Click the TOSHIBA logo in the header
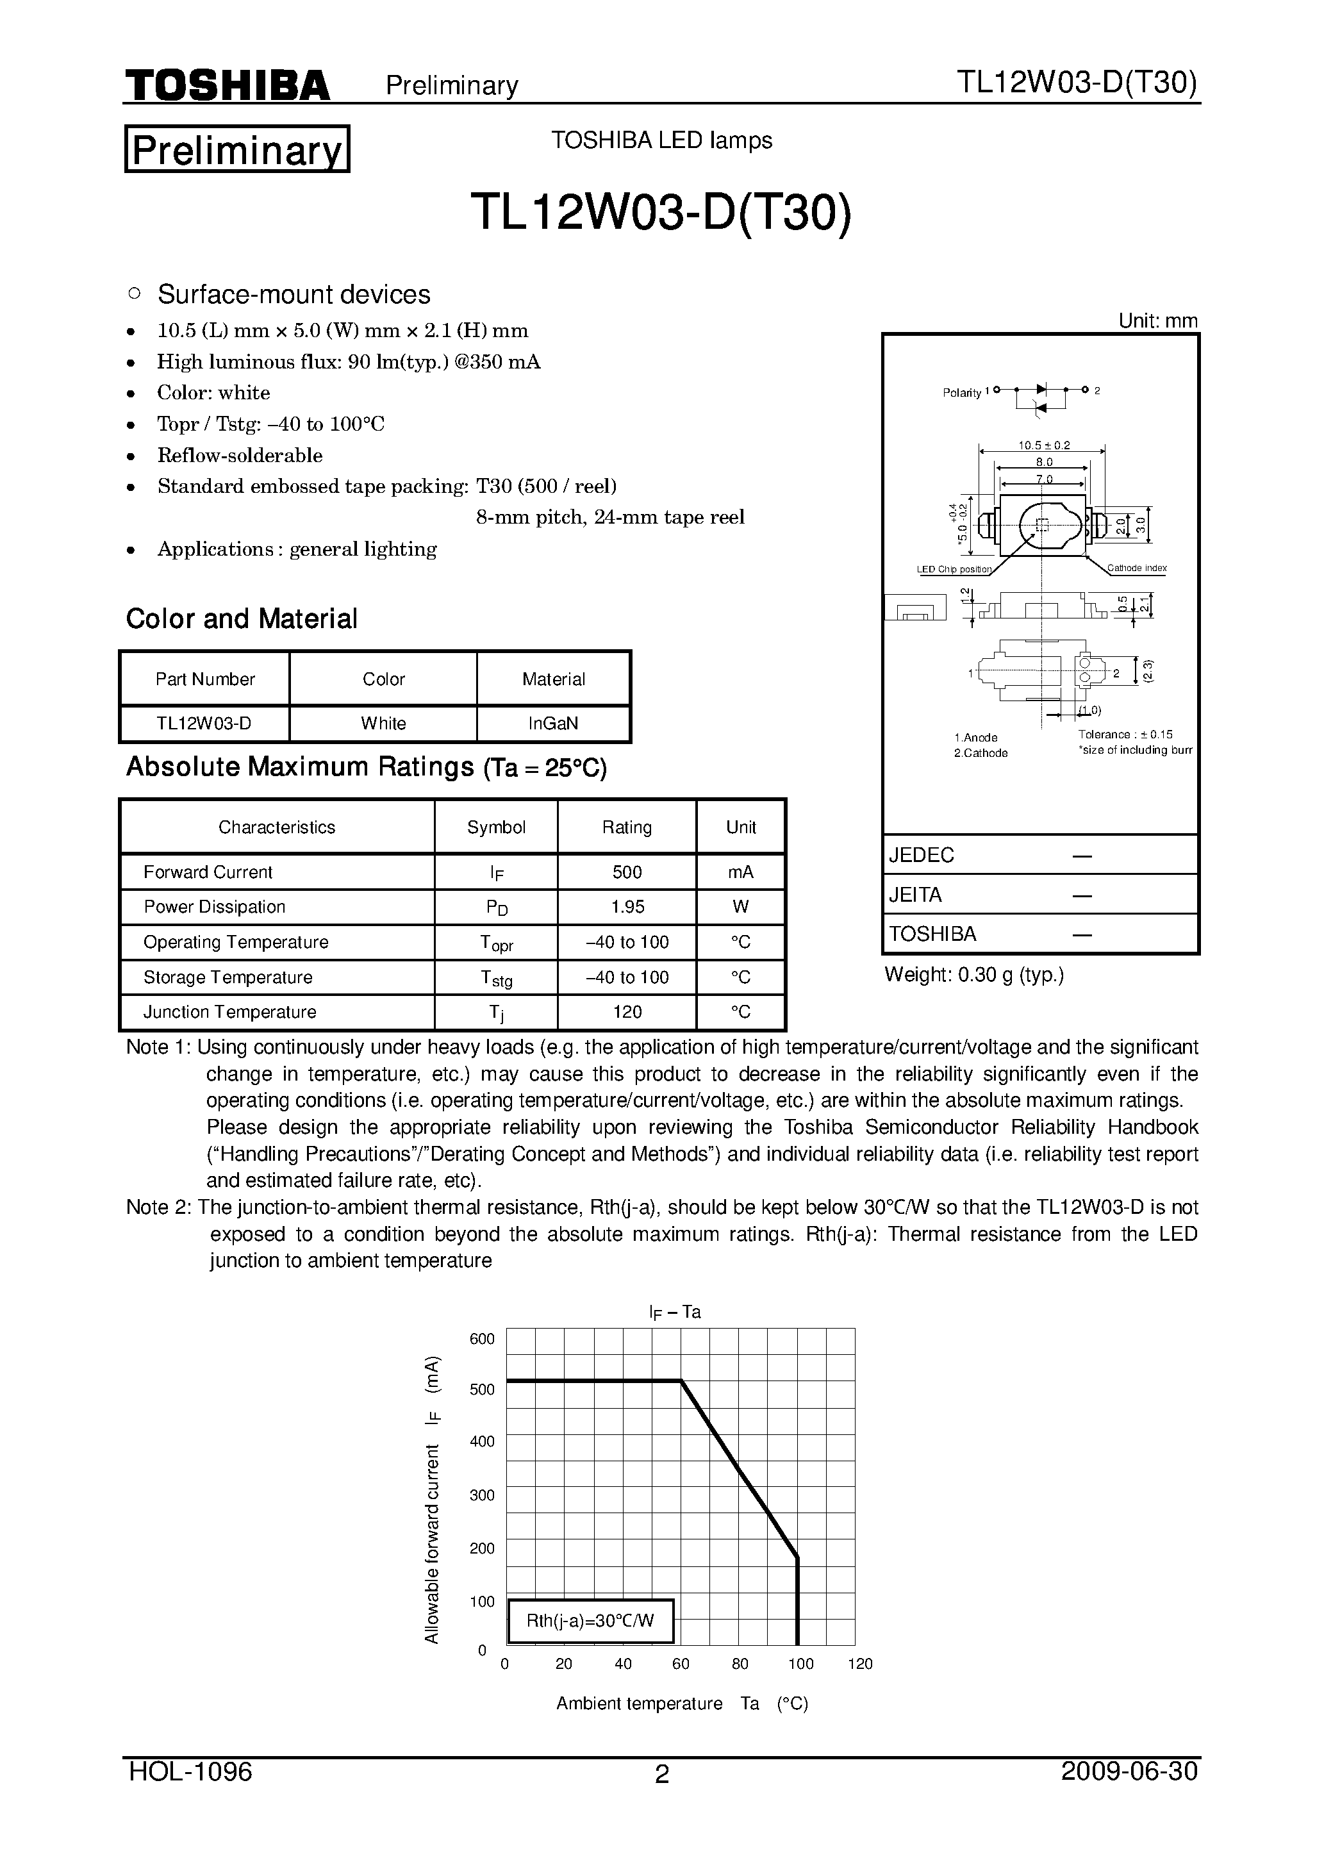pyautogui.click(x=227, y=85)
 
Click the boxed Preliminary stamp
pyautogui.click(x=236, y=149)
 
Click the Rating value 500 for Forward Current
pyautogui.click(x=627, y=872)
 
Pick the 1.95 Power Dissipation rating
pyautogui.click(x=627, y=907)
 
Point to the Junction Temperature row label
pyautogui.click(x=229, y=1012)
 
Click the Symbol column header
pyautogui.click(x=495, y=827)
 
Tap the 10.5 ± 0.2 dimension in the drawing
pyautogui.click(x=1043, y=445)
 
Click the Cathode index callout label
pyautogui.click(x=1136, y=568)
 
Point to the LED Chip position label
pyautogui.click(x=954, y=570)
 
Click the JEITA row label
pyautogui.click(x=915, y=895)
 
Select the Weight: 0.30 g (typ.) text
pyautogui.click(x=974, y=975)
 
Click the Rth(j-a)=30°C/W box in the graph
pyautogui.click(x=590, y=1621)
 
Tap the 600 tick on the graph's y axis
pyautogui.click(x=482, y=1339)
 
